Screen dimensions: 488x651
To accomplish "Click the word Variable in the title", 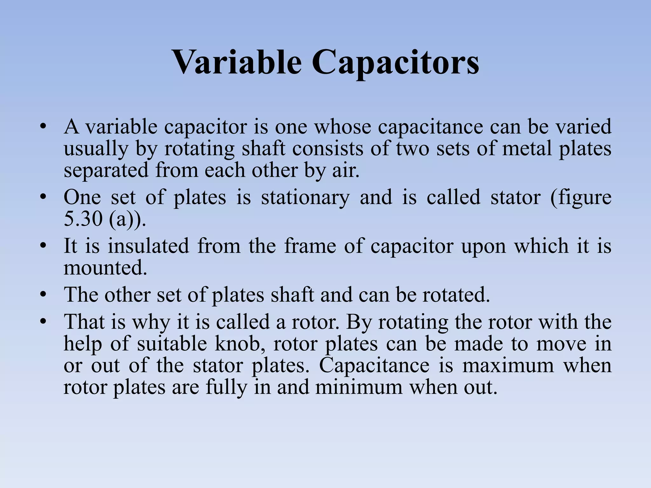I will pos(236,62).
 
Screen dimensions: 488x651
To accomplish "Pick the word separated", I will pos(106,170).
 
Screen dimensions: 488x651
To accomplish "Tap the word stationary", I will pos(305,197).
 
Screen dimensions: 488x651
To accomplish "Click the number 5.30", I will pos(83,219).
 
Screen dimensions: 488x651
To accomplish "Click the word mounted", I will pos(105,268).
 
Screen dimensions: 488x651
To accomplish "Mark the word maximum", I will pos(508,365).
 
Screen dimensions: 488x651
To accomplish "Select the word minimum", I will pos(359,387).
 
